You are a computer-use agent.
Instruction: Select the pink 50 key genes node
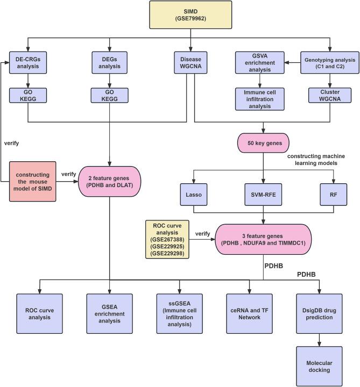point(263,144)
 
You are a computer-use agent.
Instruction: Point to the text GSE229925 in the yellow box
point(167,245)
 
